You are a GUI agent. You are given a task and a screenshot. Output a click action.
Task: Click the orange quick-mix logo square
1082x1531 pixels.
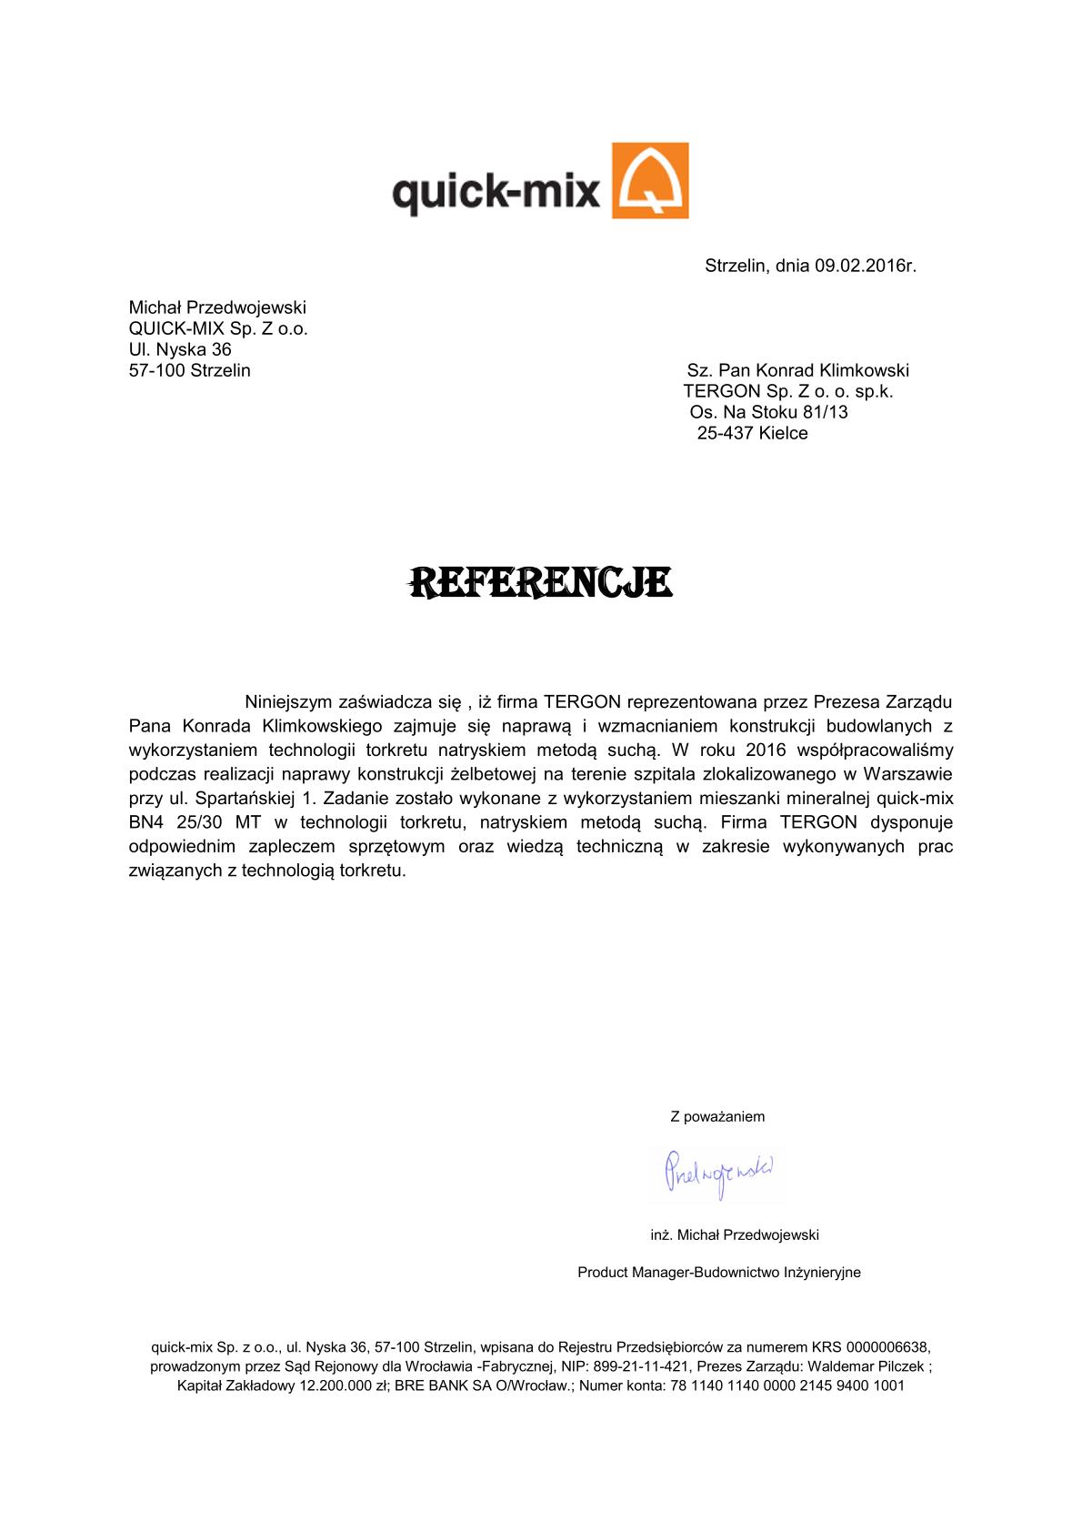[649, 180]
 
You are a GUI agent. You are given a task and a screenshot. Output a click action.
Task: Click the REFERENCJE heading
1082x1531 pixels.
[541, 583]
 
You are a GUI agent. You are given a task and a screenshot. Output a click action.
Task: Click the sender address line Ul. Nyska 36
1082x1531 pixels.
[180, 349]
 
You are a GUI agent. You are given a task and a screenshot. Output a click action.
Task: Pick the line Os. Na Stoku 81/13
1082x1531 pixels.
[768, 413]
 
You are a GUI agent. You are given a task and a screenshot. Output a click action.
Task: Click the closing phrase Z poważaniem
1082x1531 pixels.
[717, 1117]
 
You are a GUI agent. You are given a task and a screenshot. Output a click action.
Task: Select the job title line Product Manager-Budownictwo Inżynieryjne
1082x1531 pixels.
[718, 1273]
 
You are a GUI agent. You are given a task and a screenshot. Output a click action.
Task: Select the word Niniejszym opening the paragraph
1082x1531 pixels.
[288, 702]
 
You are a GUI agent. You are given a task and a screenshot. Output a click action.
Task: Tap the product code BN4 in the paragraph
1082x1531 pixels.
[146, 822]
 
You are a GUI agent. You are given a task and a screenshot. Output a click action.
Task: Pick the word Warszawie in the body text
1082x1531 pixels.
[907, 775]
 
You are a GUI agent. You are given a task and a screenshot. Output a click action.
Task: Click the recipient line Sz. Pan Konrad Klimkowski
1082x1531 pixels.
[797, 371]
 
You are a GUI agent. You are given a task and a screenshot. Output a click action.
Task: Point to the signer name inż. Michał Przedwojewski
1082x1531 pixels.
[735, 1235]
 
